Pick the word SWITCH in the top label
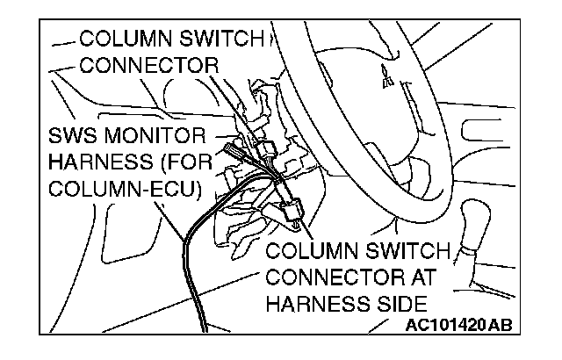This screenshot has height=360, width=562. coord(216,40)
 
